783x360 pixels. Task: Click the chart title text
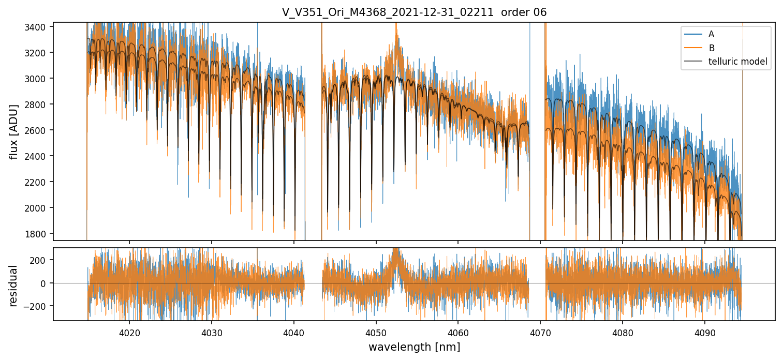pos(414,12)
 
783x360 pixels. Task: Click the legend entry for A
pos(711,34)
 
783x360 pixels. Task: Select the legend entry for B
pos(711,48)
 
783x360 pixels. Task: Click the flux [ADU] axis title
pos(13,131)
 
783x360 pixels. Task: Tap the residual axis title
pos(13,285)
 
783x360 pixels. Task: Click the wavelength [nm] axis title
pos(414,347)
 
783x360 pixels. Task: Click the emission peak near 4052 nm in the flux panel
pos(396,36)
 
